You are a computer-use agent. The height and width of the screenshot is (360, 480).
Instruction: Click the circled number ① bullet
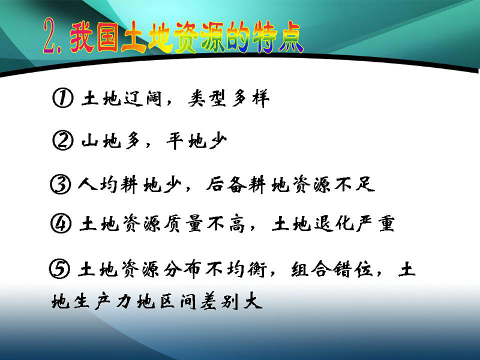pos(63,98)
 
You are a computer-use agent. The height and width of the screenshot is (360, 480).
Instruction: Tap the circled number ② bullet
pos(63,140)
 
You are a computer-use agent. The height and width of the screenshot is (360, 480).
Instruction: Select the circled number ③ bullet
pos(61,184)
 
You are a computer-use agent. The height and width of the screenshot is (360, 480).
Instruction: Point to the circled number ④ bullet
pos(61,223)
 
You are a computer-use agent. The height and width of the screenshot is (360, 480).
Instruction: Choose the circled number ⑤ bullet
pos(59,269)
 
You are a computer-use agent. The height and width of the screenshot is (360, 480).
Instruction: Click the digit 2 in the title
pos(52,36)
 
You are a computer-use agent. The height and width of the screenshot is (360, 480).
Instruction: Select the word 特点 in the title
pos(277,37)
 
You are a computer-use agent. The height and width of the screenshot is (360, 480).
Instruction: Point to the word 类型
pos(207,98)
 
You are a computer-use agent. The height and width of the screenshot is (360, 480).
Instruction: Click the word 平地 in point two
pos(186,141)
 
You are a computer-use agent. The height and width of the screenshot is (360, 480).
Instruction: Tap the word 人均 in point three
pos(98,185)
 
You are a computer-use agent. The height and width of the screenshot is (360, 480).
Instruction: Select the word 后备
pos(226,185)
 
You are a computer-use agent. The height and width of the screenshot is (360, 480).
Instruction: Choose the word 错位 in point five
pos(353,269)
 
